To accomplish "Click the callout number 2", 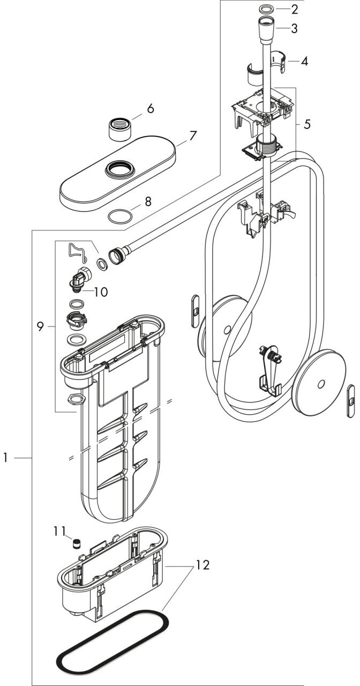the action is [x=294, y=9].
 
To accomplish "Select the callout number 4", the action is [x=304, y=61].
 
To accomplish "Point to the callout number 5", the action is [x=307, y=124].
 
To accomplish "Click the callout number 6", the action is [x=151, y=109].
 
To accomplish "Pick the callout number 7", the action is [x=193, y=136].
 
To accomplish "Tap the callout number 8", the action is [x=148, y=202].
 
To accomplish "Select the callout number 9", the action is [x=40, y=327].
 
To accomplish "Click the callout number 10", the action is [x=101, y=292].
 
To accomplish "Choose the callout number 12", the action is [x=203, y=565].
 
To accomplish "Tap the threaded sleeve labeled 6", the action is [x=120, y=130].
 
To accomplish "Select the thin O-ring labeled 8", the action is [x=121, y=216].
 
